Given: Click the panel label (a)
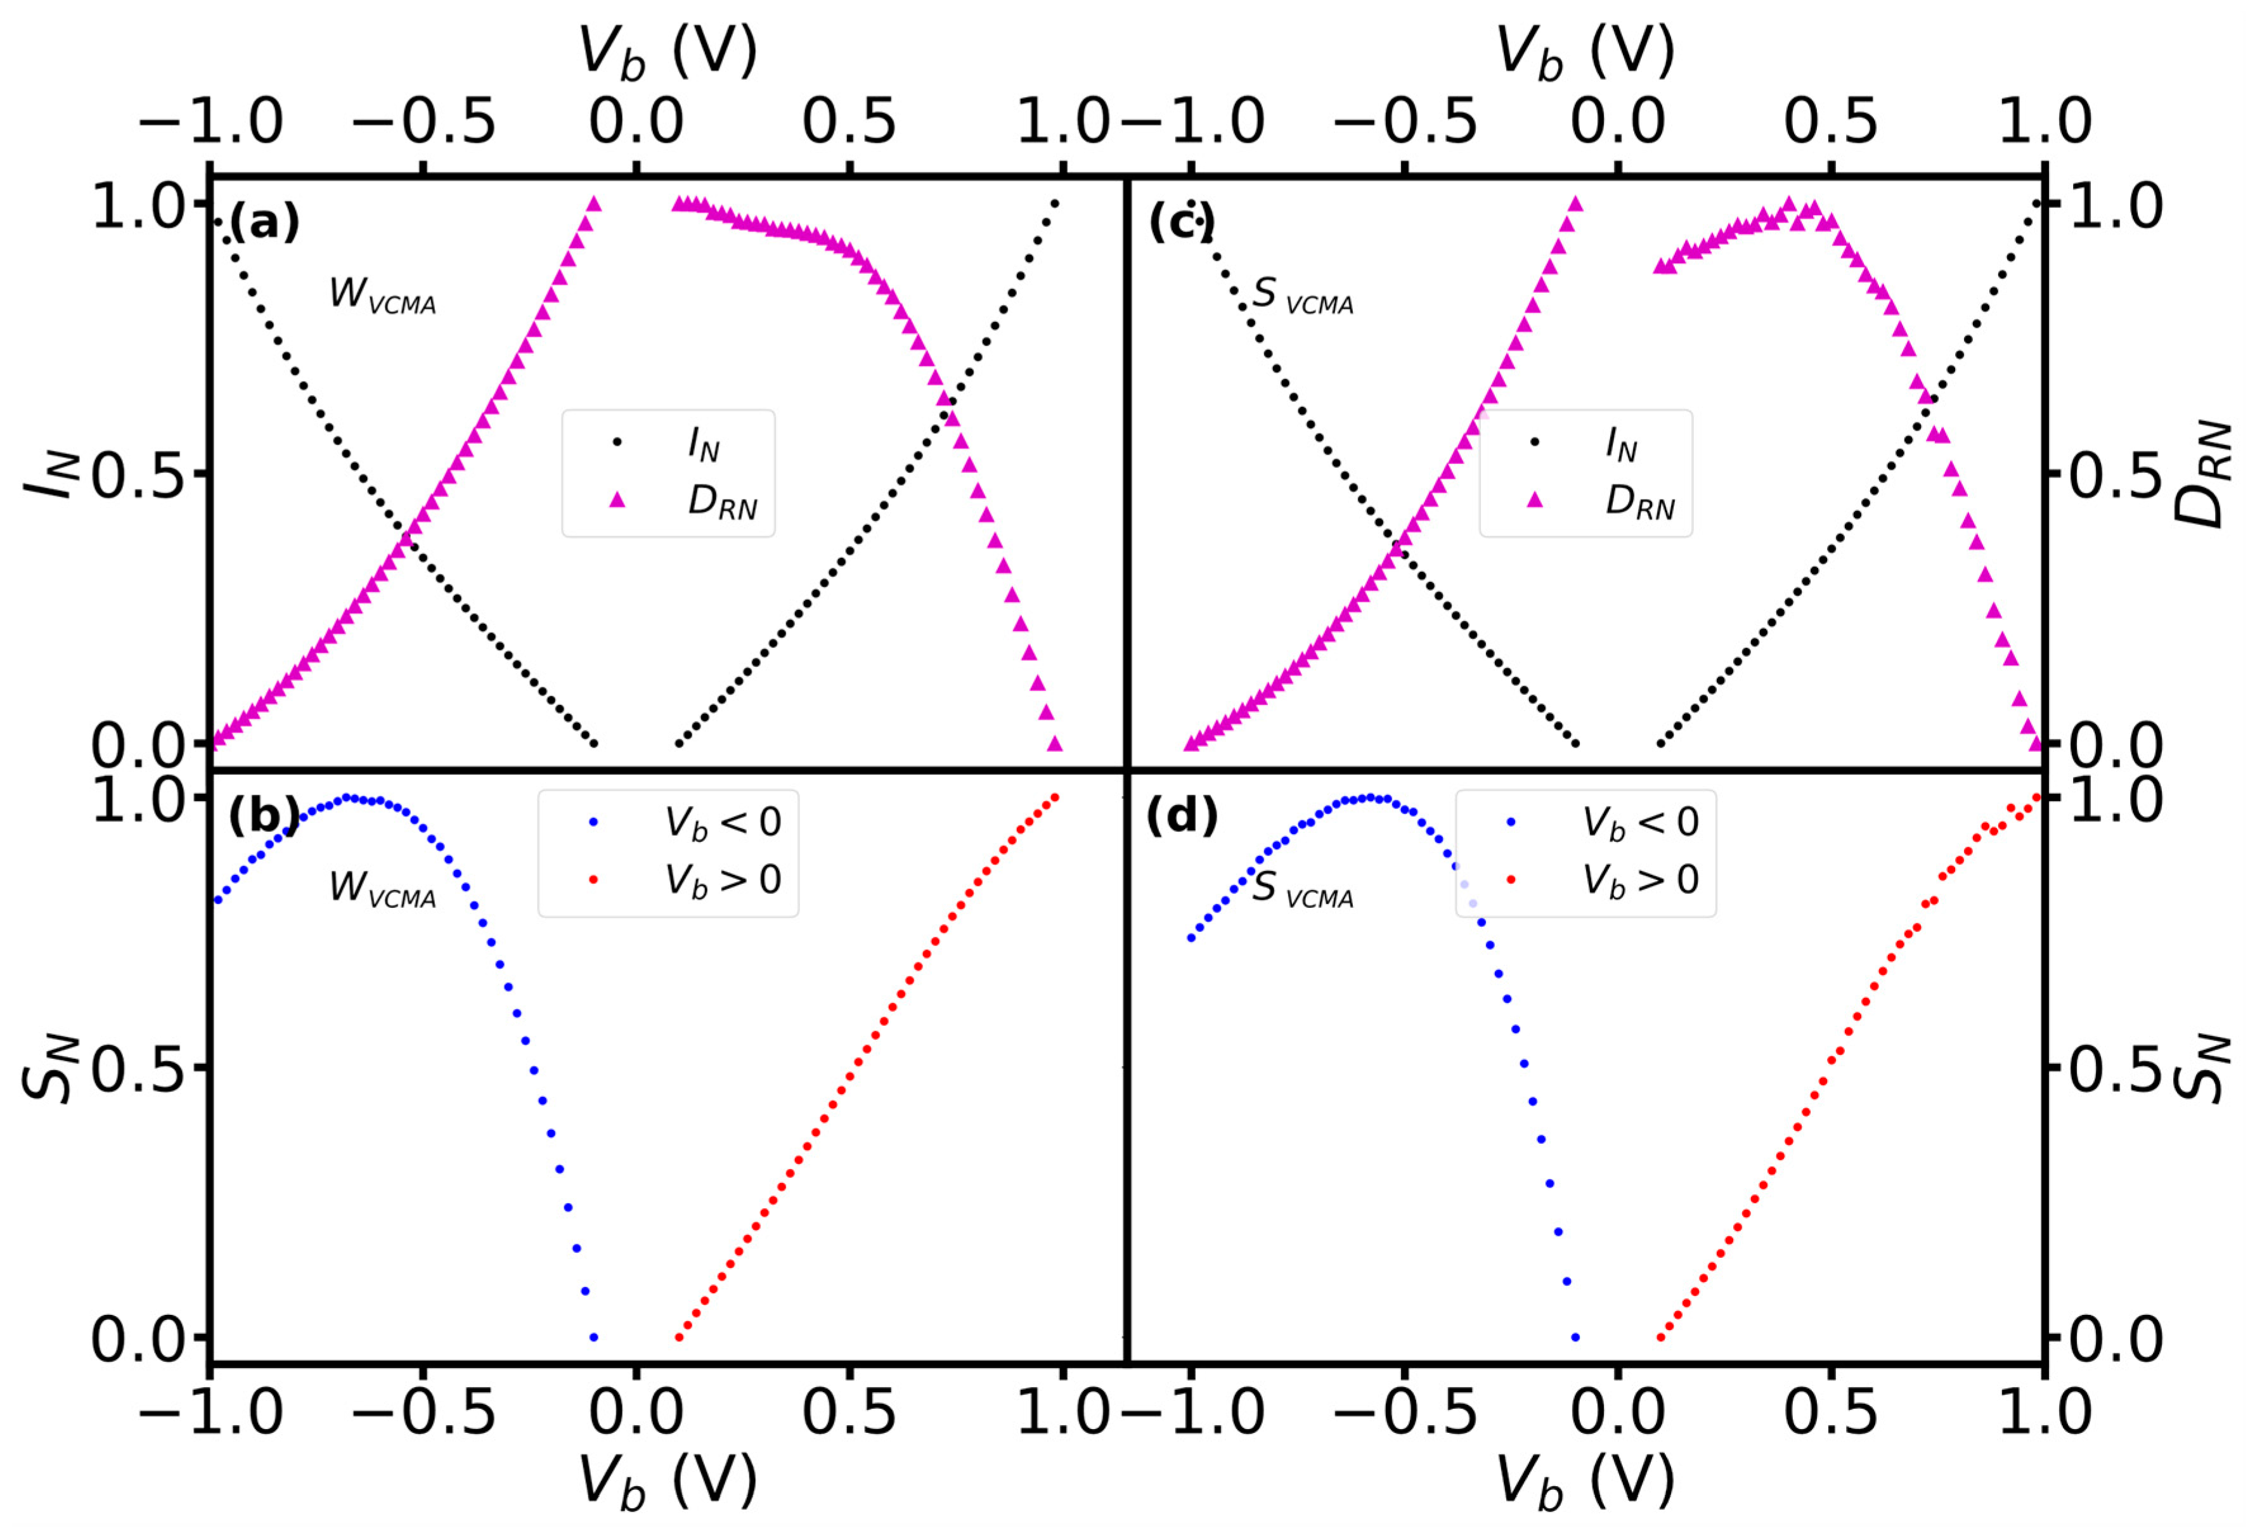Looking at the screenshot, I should (x=264, y=224).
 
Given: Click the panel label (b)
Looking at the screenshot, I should (x=264, y=817).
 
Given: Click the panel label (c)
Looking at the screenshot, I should (x=1182, y=224).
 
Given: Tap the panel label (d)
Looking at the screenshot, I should (x=1182, y=817).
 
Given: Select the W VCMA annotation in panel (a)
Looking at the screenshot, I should (x=382, y=295).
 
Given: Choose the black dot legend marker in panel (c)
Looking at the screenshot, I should (x=1535, y=443).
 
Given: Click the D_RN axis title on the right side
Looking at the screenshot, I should (x=2200, y=474).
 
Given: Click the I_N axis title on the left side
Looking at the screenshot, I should (x=49, y=474).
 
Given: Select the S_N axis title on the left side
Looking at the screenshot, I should (x=49, y=1067).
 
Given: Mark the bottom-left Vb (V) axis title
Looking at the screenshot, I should (x=668, y=1482).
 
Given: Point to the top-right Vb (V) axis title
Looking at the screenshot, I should (x=1586, y=51).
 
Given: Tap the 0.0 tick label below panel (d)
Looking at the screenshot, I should (x=1617, y=1413).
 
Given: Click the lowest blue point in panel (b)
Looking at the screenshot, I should (x=594, y=1337).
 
